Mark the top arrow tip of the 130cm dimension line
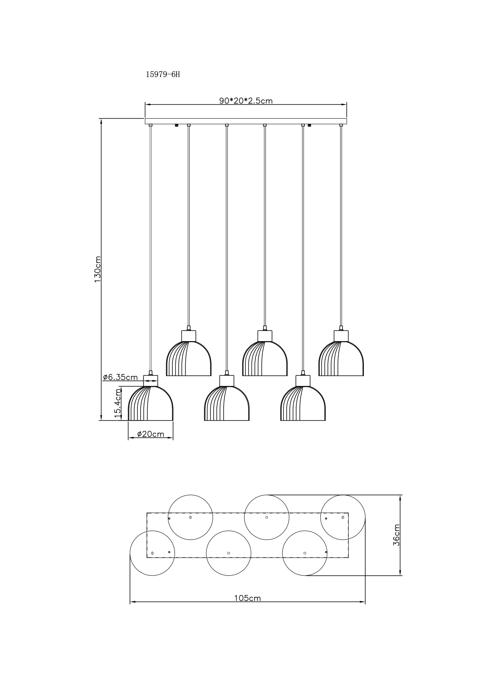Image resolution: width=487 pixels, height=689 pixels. tap(101, 119)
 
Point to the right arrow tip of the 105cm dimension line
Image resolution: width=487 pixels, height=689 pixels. tap(365, 602)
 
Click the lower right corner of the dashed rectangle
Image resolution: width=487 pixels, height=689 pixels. tap(348, 558)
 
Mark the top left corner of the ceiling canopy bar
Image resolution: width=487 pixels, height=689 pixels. tap(145, 119)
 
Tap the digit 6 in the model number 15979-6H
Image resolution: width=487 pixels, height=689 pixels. tap(173, 74)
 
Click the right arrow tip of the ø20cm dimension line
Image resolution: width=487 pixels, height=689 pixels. tap(173, 438)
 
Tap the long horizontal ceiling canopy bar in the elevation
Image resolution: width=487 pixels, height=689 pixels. tap(246, 121)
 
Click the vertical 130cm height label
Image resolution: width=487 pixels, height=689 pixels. tap(97, 269)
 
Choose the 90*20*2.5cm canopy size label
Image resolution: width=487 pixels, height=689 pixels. tap(246, 101)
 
